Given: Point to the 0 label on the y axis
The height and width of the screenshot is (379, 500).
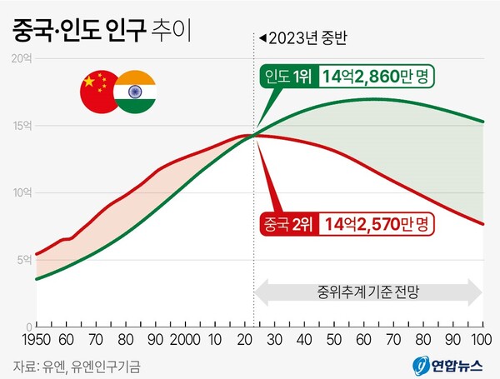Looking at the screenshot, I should coord(27,326).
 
